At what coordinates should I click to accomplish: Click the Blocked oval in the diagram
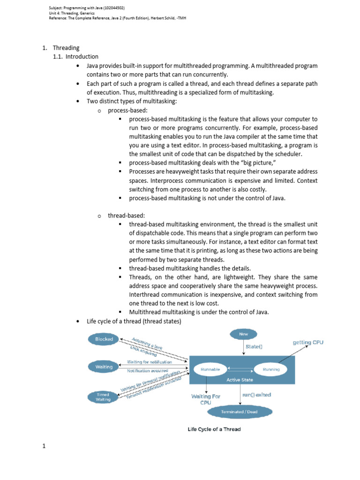point(103,339)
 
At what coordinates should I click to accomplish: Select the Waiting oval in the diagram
point(103,367)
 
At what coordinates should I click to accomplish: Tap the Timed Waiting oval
point(103,397)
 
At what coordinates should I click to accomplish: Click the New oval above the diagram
point(243,334)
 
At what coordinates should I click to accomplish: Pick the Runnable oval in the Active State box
point(210,369)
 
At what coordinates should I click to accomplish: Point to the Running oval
point(271,369)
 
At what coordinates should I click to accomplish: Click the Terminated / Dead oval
point(240,412)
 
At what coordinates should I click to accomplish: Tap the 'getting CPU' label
point(308,342)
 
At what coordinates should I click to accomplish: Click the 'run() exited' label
point(256,395)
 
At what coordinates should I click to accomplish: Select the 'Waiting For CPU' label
point(205,399)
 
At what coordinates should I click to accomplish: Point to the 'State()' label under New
point(254,347)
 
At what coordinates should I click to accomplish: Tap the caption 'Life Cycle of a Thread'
point(214,429)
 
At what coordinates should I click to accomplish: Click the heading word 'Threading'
point(66,48)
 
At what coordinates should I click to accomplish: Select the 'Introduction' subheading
point(82,57)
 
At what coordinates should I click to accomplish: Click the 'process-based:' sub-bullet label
point(126,111)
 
